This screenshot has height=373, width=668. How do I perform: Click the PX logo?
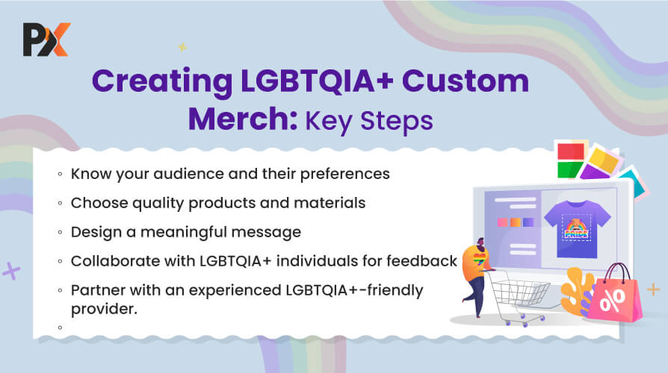coord(46,40)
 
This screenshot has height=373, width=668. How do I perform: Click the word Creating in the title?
coord(162,81)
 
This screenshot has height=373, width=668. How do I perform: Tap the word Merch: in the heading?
coord(243,119)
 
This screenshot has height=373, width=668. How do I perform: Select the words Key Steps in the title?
coord(369,122)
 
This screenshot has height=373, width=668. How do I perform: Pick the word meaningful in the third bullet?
coord(183,233)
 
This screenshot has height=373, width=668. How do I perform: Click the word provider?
coord(104,309)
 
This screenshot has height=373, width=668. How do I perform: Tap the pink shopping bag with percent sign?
coord(615,296)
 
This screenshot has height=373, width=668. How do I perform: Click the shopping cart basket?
coord(518,292)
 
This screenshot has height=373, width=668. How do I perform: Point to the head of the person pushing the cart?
coord(480,244)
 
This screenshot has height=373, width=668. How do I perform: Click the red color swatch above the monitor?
coord(571,151)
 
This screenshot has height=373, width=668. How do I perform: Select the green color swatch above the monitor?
coord(569,169)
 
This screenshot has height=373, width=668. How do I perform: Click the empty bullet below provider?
coord(60,327)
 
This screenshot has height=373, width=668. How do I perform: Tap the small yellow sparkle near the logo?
coord(182,47)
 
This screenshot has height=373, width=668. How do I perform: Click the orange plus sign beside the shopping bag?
coord(653,289)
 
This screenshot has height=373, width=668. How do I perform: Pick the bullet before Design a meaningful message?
coord(60,232)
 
